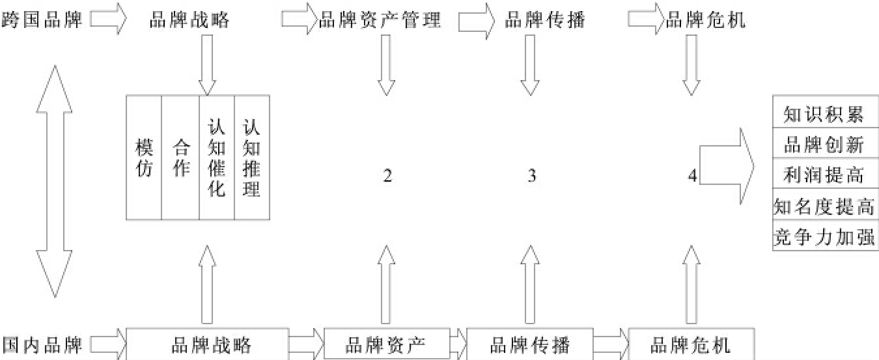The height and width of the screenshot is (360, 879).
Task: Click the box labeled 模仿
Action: (x=143, y=157)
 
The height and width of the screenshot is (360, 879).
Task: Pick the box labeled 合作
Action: (x=180, y=157)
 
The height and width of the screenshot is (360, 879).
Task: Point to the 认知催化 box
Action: (x=216, y=157)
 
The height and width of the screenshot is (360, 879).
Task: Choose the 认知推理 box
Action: (x=251, y=157)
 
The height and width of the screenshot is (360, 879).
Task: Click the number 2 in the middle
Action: (x=387, y=176)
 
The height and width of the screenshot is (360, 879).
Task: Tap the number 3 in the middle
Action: (x=532, y=176)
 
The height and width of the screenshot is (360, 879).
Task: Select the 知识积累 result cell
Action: (x=824, y=115)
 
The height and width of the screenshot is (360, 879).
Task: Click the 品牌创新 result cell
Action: (x=824, y=145)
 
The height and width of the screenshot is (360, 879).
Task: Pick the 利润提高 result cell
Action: (x=824, y=174)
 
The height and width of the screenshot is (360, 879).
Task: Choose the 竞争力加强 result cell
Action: (x=824, y=236)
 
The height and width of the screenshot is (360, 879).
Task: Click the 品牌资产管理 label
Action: (x=380, y=21)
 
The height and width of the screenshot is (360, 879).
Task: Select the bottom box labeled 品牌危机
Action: (x=691, y=344)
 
